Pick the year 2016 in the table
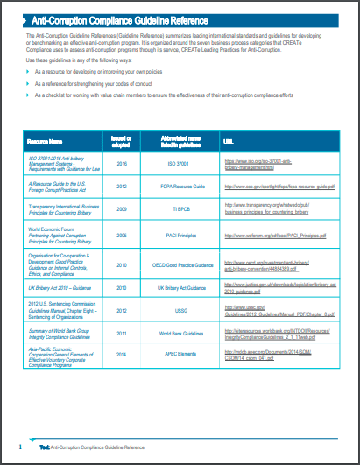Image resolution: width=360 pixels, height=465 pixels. click(x=122, y=163)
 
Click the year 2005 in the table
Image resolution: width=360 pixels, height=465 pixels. click(x=122, y=236)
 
